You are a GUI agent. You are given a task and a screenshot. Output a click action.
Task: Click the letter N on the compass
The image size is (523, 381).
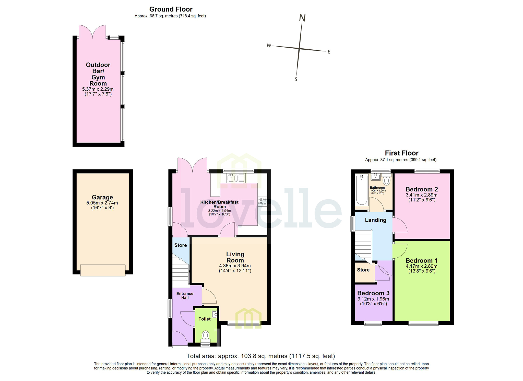[302, 18]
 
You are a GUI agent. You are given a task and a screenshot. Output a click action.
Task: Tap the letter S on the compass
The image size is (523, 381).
[296, 79]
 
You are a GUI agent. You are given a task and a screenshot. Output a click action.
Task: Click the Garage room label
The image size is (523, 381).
[102, 197]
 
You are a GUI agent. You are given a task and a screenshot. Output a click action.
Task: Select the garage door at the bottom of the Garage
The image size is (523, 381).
[103, 270]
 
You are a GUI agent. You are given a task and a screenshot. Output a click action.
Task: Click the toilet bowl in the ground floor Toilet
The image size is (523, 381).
[206, 335]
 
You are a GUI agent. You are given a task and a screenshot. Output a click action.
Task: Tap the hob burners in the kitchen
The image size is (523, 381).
[263, 201]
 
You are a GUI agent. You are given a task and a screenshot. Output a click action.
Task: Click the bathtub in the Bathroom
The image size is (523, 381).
[362, 189]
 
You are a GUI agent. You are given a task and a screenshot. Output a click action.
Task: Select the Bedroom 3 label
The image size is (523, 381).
[373, 293]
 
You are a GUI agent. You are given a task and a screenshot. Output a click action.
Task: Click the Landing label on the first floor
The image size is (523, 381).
[375, 220]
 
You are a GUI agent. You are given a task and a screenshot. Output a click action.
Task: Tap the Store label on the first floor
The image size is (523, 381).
[363, 270]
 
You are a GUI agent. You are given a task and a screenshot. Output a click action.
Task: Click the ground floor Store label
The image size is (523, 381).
[181, 245]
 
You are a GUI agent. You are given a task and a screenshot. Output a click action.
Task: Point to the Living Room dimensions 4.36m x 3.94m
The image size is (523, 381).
[235, 266]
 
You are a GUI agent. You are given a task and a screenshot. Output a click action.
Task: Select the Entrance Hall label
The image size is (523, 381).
[185, 296]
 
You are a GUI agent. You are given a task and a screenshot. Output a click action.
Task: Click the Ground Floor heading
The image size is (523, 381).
[171, 9]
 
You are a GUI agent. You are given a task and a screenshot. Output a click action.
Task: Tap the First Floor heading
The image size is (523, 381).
[402, 153]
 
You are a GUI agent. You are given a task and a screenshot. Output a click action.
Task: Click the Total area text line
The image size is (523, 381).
[260, 356]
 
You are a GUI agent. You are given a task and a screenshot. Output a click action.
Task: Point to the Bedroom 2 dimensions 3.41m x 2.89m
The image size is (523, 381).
[422, 195]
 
